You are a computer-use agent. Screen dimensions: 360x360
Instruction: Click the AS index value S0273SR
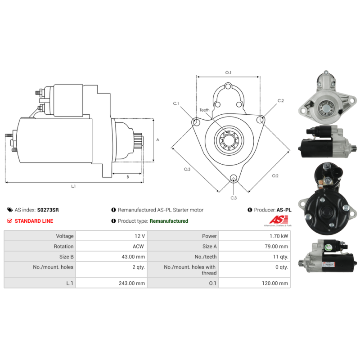pyautogui.click(x=48, y=210)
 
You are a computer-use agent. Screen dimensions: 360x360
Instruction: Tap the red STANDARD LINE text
pyautogui.click(x=34, y=221)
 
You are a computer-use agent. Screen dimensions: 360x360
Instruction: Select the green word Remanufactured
pyautogui.click(x=169, y=221)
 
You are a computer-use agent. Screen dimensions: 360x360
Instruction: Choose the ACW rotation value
pyautogui.click(x=138, y=246)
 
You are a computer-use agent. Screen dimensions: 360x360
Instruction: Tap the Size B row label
pyautogui.click(x=66, y=256)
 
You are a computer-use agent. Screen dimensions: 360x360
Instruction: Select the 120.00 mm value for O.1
pyautogui.click(x=275, y=283)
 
